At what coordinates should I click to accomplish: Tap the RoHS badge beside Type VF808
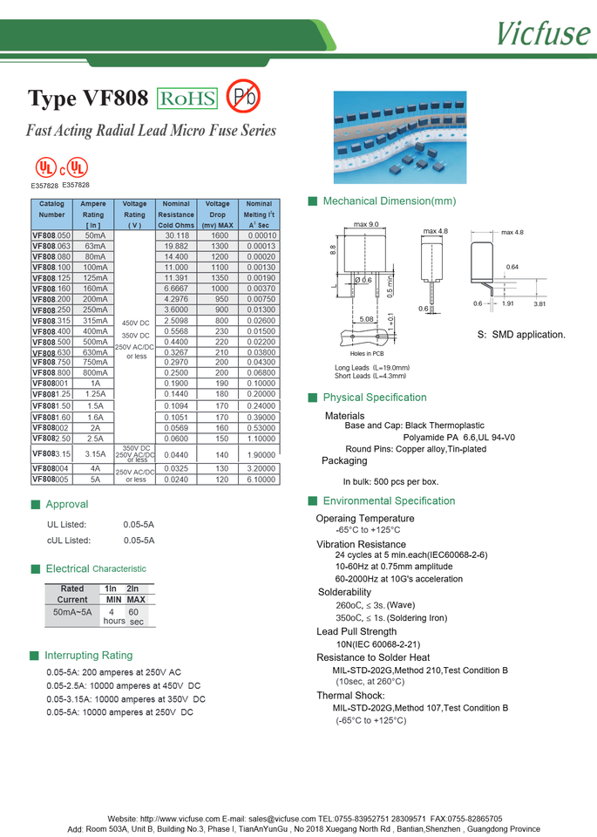pos(187,99)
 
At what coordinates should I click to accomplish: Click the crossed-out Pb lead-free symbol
pos(243,97)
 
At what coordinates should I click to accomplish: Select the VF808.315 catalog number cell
pos(51,321)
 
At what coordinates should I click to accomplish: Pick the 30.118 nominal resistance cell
pos(176,235)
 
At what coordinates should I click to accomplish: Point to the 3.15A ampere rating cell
pos(94,454)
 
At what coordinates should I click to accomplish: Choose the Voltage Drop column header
pos(218,214)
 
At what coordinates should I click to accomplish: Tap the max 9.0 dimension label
pos(366,225)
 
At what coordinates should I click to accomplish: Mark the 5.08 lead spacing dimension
pos(367,320)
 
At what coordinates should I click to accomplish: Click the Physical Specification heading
pos(375,398)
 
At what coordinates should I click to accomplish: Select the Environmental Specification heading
pos(389,500)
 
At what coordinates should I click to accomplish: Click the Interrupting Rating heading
pos(89,655)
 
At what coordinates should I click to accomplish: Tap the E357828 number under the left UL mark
pos(44,186)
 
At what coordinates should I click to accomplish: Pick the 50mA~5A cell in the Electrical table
pos(72,612)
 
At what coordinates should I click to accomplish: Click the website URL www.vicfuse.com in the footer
pos(180,819)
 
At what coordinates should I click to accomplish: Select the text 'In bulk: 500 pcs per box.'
pos(390,481)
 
